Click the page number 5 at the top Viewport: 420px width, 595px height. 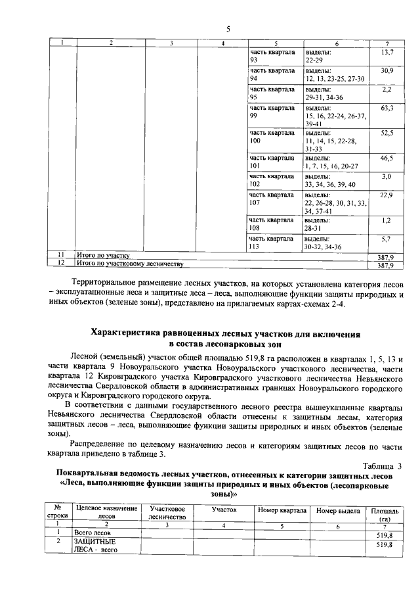click(x=228, y=28)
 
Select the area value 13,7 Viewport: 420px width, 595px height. click(x=387, y=52)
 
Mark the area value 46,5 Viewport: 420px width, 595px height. click(x=387, y=158)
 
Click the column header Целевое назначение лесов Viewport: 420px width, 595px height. click(x=106, y=513)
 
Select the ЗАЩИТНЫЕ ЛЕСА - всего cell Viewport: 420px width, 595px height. click(x=96, y=545)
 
